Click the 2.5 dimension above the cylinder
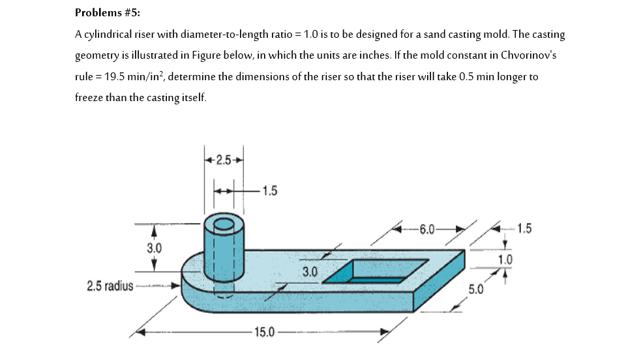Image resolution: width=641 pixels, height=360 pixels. pyautogui.click(x=224, y=160)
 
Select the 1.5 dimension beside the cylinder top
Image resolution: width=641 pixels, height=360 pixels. pyautogui.click(x=269, y=190)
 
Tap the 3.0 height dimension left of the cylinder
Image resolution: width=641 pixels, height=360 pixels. pyautogui.click(x=154, y=248)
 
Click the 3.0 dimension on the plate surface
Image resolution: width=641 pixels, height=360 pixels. pyautogui.click(x=309, y=271)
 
